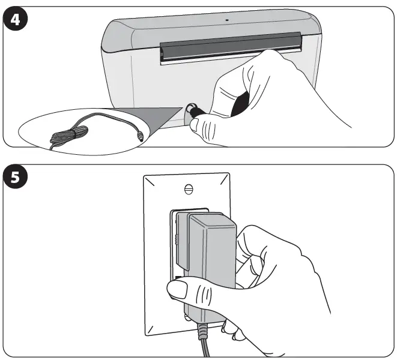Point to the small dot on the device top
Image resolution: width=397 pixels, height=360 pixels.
point(227,19)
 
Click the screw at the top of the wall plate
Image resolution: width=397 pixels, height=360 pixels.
point(189,188)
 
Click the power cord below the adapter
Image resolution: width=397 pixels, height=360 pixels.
point(202,342)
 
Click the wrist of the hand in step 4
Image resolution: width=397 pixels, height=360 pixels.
point(336,120)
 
